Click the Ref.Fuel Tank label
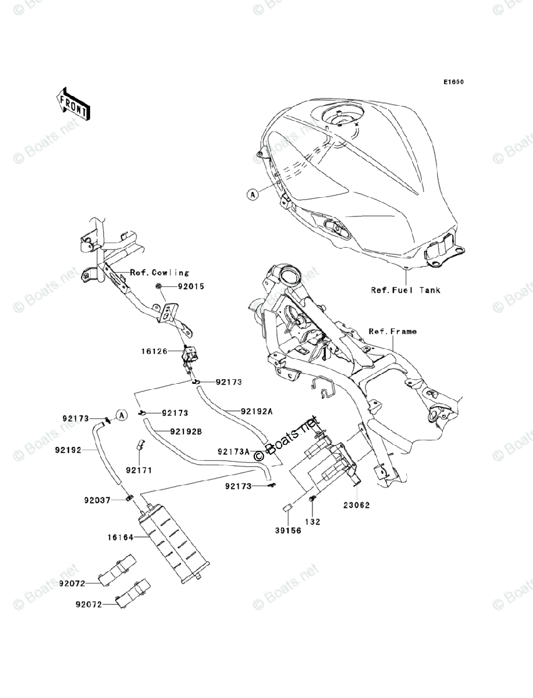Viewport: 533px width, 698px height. [406, 290]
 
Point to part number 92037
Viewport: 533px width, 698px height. [97, 499]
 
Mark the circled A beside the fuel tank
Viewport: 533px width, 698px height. [252, 195]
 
